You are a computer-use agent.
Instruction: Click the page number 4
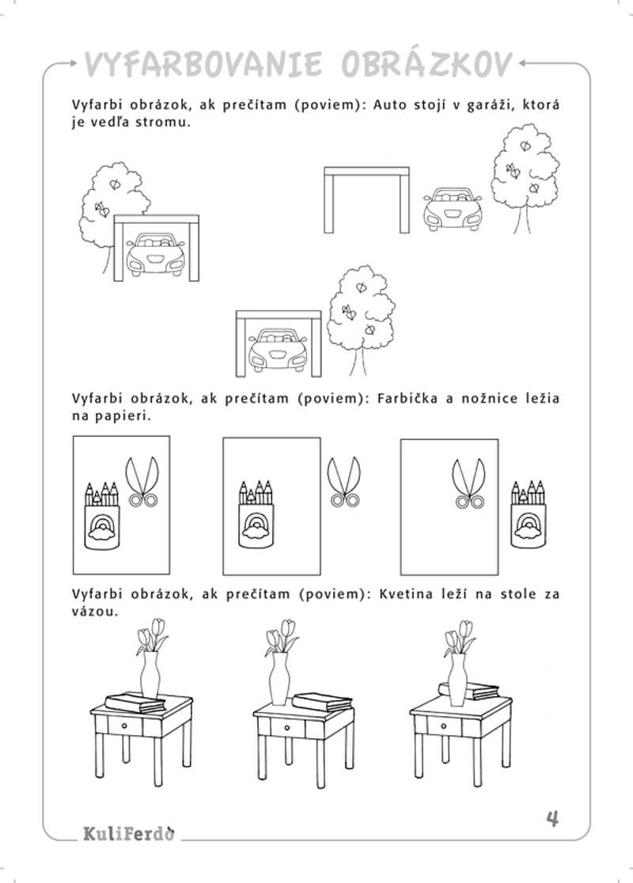(552, 818)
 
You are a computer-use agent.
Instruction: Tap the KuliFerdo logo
(129, 833)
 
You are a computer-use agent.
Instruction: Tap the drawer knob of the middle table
(287, 728)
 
